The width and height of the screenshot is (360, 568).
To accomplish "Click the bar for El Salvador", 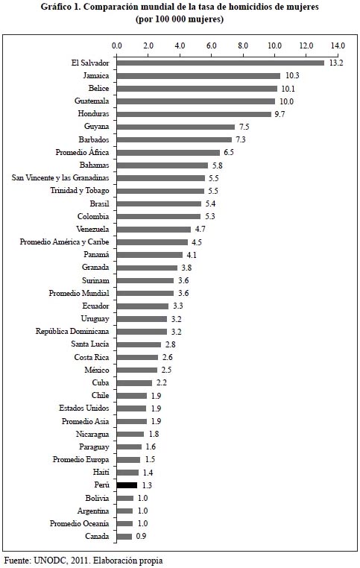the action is tap(220, 63).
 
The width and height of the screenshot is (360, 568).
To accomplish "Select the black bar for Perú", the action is tap(127, 485).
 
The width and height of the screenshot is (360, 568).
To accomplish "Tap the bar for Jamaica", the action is tap(198, 76).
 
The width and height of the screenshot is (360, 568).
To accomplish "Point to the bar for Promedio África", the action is tap(168, 153).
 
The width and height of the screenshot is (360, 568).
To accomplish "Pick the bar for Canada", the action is tap(124, 537).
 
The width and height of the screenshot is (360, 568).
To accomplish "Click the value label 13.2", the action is tap(335, 63).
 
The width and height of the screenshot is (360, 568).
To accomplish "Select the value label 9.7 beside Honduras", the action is tap(280, 114).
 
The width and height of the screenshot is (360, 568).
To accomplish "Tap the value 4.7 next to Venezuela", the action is tap(200, 230).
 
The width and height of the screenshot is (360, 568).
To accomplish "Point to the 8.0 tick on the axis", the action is tap(243, 46).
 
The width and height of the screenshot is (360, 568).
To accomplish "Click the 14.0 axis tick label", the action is tap(338, 46).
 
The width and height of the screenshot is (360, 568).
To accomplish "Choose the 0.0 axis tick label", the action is tap(117, 46).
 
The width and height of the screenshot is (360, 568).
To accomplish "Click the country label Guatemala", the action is tap(92, 101).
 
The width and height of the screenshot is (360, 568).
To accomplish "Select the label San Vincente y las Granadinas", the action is tap(60, 178).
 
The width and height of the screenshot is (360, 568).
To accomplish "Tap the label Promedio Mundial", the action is tap(79, 293).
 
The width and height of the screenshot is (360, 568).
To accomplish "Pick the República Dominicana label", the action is tap(72, 332).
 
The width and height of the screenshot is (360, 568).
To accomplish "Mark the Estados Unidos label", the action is tap(84, 408).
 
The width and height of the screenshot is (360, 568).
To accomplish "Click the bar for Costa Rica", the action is tap(137, 357).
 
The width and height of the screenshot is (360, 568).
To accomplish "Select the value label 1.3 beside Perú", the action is tap(147, 485).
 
